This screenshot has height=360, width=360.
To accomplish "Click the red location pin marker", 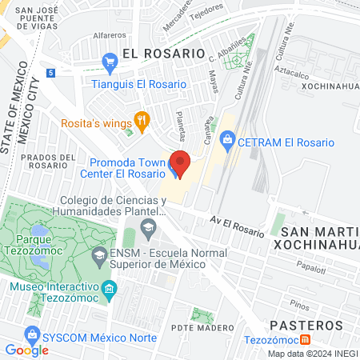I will (x=180, y=163).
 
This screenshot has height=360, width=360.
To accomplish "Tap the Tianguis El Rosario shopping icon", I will (x=110, y=61).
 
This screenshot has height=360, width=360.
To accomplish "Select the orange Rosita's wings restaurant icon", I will (x=142, y=121).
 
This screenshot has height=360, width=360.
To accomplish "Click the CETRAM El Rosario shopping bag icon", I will (x=228, y=142).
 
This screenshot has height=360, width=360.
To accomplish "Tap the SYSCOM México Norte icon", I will (x=31, y=333).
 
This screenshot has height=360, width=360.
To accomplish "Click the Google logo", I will (x=27, y=350).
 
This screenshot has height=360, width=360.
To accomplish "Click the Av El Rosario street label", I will (x=237, y=225).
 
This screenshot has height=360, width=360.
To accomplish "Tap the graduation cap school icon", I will (x=148, y=229).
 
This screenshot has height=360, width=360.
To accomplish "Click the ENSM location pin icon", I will (x=98, y=257).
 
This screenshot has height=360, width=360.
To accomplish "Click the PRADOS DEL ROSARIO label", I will (x=50, y=162).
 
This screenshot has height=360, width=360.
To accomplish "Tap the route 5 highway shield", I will (x=50, y=73).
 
